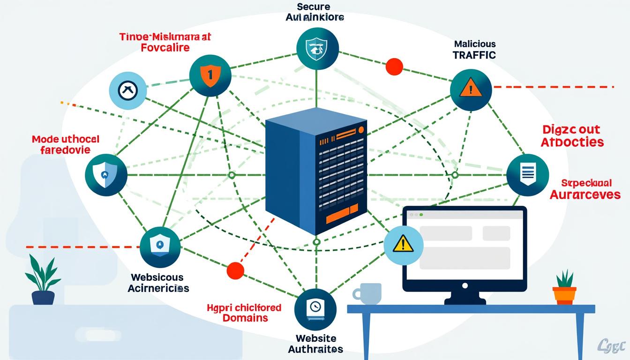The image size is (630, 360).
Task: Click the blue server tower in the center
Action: (x=315, y=171)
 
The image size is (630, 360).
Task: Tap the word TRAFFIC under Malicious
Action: (x=474, y=55)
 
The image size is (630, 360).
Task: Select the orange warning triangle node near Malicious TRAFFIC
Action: (x=471, y=89)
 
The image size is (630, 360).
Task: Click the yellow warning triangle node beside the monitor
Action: (x=403, y=245)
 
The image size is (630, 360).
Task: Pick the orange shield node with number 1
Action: (x=210, y=75)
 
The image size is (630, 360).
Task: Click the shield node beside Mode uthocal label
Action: (x=106, y=175)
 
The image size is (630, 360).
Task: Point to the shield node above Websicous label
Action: (x=160, y=247)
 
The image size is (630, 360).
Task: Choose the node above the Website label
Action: (x=315, y=309)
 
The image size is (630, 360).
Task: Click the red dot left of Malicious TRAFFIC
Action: (x=394, y=66)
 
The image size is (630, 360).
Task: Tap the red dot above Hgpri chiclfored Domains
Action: (x=235, y=270)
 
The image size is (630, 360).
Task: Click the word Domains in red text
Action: (x=245, y=318)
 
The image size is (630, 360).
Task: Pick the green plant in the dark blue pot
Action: (x=43, y=280)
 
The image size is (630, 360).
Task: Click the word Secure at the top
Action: (x=314, y=7)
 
